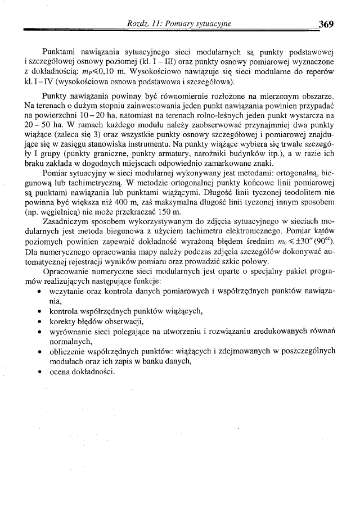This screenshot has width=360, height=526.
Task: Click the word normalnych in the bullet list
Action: [69, 341]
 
